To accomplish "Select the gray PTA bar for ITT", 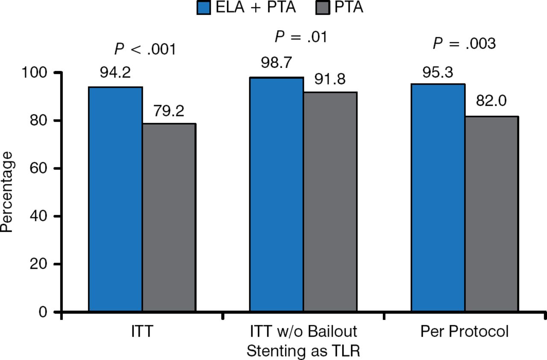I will [169, 218].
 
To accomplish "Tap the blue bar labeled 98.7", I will [276, 195].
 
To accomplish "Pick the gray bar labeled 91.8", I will [330, 202].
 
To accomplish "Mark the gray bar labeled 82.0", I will [491, 214].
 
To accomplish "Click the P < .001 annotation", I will [145, 50].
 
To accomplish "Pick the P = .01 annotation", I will [300, 37].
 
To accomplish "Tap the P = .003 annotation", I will [465, 43].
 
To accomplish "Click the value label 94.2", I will [115, 73].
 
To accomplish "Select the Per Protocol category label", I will [465, 332].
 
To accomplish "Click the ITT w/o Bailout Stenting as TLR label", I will [303, 341].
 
